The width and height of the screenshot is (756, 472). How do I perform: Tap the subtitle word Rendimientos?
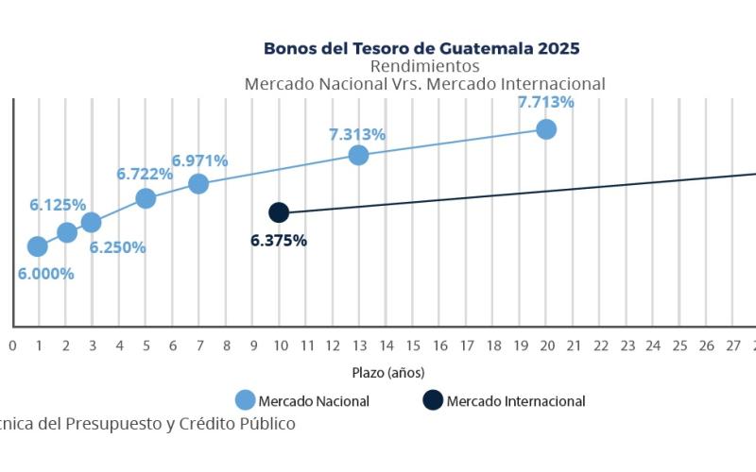click(424, 66)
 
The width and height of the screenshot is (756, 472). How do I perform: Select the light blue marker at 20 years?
click(546, 129)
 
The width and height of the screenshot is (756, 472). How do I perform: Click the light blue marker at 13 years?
click(358, 155)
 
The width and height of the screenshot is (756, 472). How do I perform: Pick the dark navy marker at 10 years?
click(279, 212)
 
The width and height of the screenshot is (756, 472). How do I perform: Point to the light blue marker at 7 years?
click(198, 183)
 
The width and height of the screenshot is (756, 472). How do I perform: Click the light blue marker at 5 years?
click(146, 198)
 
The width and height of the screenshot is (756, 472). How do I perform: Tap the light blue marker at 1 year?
click(38, 246)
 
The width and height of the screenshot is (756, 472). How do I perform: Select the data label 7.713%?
click(545, 102)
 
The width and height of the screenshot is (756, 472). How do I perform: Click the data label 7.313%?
click(357, 134)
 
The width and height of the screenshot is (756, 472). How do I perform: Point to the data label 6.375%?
click(279, 241)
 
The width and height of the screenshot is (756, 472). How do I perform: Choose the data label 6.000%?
click(45, 274)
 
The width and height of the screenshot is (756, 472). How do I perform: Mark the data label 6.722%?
click(145, 174)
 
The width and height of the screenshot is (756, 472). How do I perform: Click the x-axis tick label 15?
click(413, 346)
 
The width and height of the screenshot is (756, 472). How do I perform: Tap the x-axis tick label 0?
click(12, 346)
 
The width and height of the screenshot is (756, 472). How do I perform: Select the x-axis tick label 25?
click(679, 346)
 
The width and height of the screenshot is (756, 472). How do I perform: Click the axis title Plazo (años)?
click(388, 372)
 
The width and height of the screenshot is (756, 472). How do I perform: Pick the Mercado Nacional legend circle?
click(246, 400)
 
